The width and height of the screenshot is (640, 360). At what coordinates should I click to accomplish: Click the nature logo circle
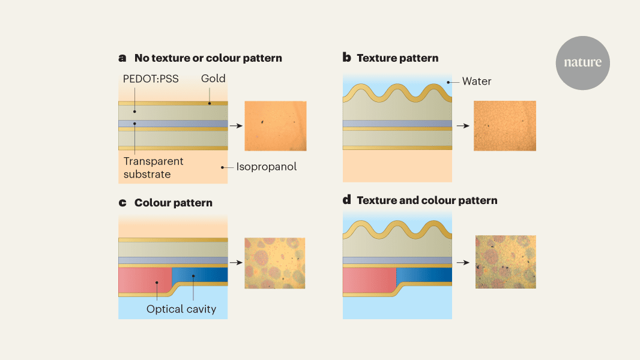click(x=582, y=62)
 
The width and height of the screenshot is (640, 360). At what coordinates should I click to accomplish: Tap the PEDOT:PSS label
click(x=151, y=79)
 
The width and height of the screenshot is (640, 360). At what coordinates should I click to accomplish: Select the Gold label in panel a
click(x=213, y=79)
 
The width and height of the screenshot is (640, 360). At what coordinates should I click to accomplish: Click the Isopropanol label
click(x=267, y=167)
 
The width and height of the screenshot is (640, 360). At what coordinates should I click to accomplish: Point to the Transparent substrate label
click(x=154, y=168)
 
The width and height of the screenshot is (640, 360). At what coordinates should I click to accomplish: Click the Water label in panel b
click(x=477, y=81)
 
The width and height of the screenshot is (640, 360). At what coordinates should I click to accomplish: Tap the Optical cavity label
click(x=181, y=310)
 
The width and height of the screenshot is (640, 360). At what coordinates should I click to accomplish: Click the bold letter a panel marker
click(x=122, y=58)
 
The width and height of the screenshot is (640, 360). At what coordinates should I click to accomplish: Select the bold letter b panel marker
click(x=346, y=58)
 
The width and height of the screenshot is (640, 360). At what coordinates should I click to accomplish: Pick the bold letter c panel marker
click(x=122, y=203)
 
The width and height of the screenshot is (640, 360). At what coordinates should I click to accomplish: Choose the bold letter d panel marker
click(x=346, y=200)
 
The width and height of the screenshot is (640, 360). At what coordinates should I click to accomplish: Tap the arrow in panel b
click(x=462, y=126)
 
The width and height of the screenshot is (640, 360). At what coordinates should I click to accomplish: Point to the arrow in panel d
click(x=462, y=263)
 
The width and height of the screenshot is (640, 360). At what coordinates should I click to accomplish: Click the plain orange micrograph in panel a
click(x=276, y=125)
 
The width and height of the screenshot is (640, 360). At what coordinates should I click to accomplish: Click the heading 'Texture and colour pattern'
click(x=427, y=200)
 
